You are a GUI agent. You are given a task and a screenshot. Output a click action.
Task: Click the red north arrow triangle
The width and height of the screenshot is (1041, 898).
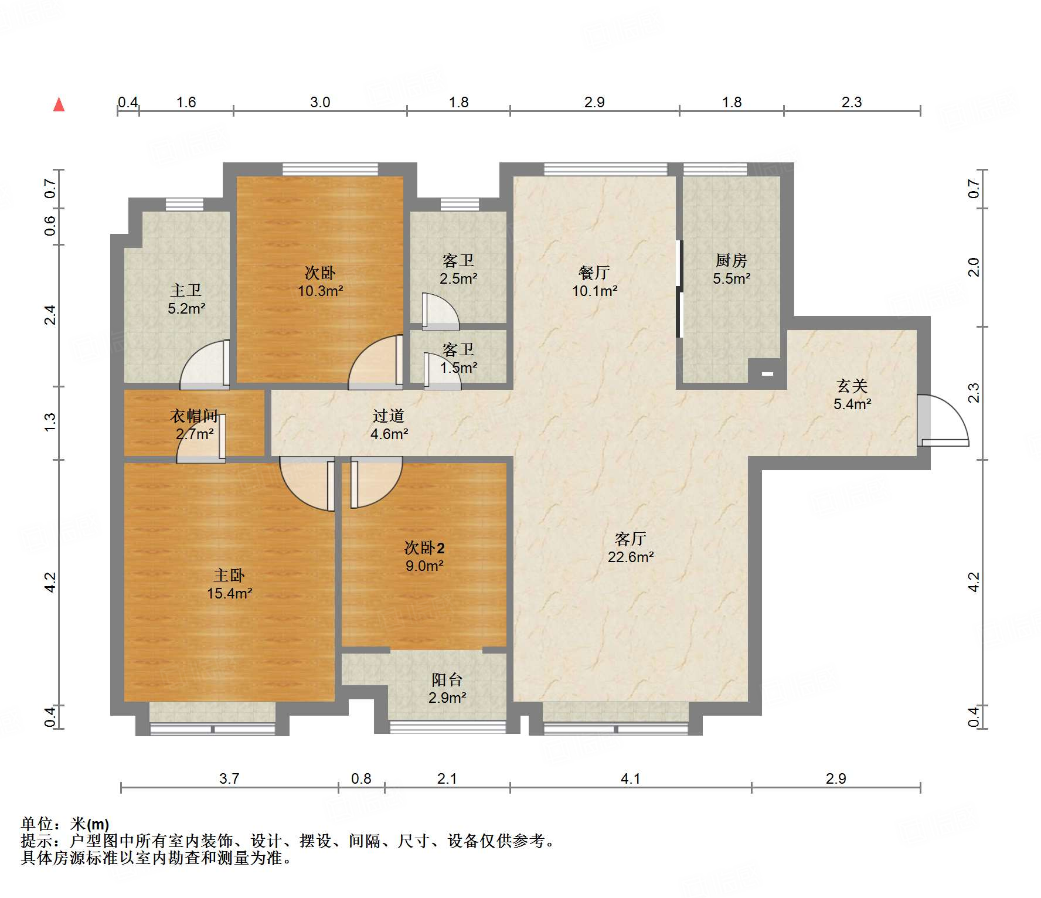pos(59,104)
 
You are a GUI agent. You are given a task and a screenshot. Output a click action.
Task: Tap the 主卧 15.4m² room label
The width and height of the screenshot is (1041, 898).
pos(229,584)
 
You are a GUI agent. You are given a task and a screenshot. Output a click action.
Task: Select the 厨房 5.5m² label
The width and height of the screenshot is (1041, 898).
pos(732,269)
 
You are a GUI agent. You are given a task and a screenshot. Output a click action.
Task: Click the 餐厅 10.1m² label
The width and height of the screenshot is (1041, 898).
pos(594,281)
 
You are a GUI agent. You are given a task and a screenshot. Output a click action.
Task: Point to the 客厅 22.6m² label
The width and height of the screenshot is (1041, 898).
pos(631,547)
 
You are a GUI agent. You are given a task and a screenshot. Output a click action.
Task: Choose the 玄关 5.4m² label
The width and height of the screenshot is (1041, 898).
pos(852,394)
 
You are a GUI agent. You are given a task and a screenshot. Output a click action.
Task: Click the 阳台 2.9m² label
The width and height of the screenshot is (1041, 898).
pos(447,688)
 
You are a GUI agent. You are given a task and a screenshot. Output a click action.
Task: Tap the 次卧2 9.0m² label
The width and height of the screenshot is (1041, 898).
pos(424,556)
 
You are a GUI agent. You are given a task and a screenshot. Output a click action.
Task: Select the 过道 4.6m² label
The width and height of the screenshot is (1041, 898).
pos(389,424)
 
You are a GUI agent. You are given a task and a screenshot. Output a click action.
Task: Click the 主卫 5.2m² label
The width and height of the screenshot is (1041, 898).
pos(186,299)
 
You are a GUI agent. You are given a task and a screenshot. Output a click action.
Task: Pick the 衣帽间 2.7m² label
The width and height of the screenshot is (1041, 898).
pos(194,424)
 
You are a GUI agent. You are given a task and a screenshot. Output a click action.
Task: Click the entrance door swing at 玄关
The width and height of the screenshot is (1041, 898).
pos(943,420)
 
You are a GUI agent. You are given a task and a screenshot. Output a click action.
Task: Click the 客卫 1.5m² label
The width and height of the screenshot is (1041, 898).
pos(458,359)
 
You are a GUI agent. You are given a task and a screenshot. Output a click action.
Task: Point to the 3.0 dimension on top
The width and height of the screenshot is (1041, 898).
pos(320,102)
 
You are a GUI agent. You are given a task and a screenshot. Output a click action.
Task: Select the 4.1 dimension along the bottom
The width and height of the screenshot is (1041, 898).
pos(630,778)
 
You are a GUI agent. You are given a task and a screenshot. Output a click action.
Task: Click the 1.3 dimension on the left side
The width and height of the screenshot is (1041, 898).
pos(50,423)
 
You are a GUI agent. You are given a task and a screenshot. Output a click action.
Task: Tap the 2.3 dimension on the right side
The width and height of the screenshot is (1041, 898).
pos(974,393)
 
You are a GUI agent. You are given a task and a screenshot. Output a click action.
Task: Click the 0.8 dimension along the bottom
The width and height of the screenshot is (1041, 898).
pos(361,778)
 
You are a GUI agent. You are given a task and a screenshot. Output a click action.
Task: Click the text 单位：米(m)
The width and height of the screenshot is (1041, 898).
pos(65,824)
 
